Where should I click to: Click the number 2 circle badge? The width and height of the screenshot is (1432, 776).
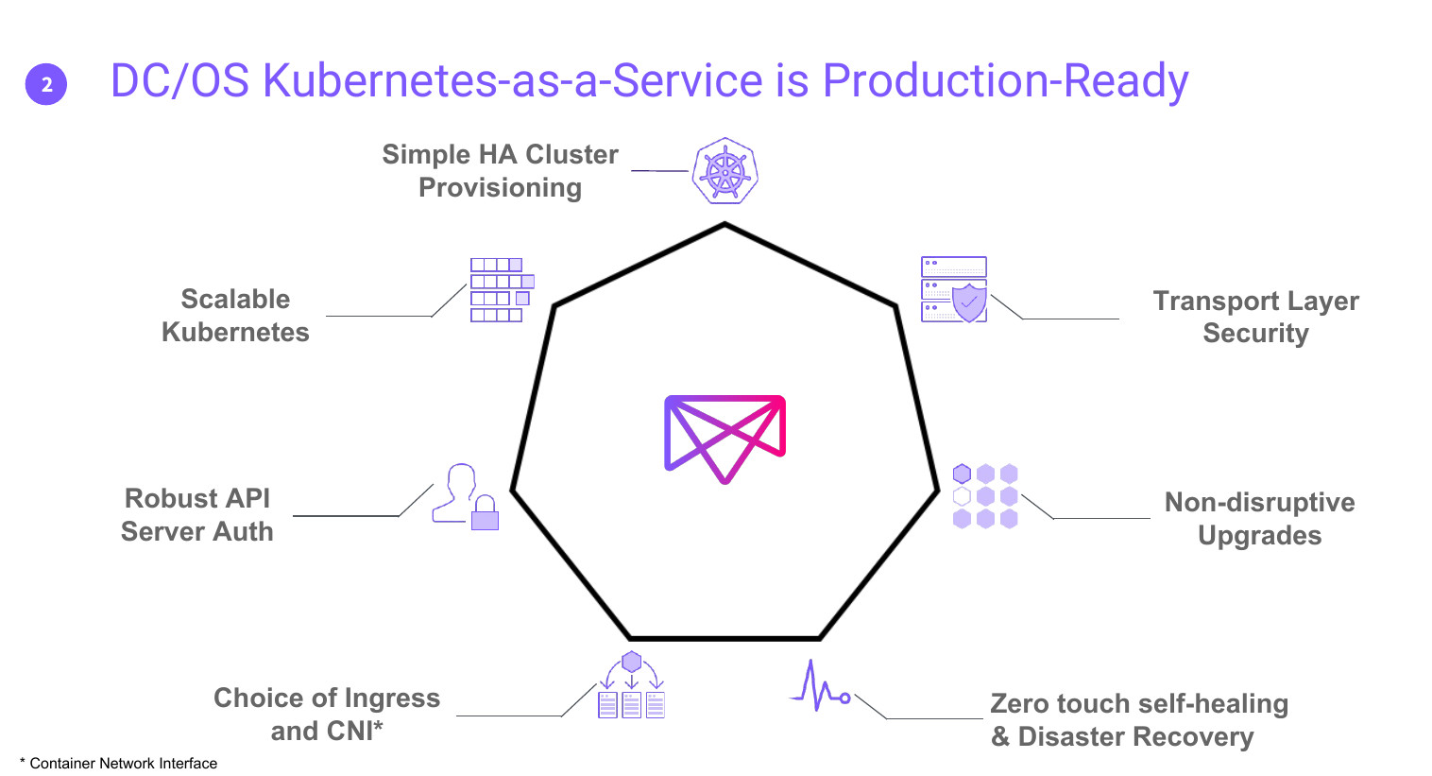click(45, 84)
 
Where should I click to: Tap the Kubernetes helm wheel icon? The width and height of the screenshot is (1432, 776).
click(725, 172)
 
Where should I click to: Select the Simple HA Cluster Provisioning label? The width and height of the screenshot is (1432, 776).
click(500, 171)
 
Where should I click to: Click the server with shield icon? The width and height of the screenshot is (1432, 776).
click(955, 290)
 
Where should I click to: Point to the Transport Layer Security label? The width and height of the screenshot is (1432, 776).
click(1255, 317)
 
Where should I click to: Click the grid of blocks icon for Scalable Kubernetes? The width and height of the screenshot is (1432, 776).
click(502, 290)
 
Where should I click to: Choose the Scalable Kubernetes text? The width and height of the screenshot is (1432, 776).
click(235, 316)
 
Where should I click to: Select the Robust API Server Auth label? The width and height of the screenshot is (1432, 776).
click(197, 515)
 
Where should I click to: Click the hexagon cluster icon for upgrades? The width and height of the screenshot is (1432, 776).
click(985, 495)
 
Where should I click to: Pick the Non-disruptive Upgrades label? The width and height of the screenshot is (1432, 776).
click(1259, 519)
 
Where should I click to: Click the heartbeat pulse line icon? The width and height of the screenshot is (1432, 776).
click(819, 687)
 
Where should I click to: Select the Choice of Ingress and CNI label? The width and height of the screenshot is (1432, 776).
click(327, 715)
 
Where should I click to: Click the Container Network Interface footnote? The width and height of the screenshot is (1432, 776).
click(119, 764)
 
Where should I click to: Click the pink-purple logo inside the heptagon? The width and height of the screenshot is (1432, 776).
click(725, 438)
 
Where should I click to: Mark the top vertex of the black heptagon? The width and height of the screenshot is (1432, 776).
click(725, 224)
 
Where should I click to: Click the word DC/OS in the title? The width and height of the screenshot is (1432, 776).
click(179, 81)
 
